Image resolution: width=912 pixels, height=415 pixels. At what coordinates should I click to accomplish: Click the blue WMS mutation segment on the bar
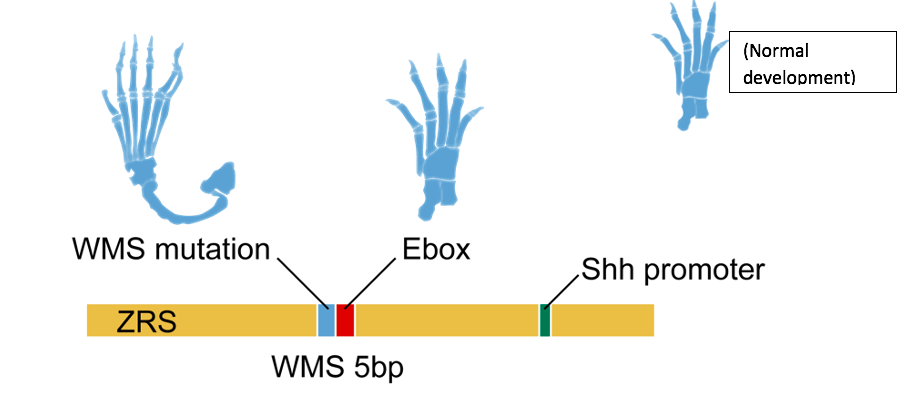click(325, 320)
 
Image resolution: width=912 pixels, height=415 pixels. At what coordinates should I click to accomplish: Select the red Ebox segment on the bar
click(345, 320)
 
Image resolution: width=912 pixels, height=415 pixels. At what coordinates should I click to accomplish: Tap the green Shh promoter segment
click(545, 320)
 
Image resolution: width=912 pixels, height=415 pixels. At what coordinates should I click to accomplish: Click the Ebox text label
click(437, 247)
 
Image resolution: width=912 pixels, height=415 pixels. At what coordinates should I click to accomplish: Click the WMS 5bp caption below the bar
click(337, 367)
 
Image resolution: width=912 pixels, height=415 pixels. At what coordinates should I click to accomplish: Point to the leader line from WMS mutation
click(302, 278)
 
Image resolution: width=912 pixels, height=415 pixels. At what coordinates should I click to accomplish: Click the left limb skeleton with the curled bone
click(150, 120)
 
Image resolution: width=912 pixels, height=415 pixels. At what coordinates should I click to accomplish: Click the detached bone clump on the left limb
click(221, 180)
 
